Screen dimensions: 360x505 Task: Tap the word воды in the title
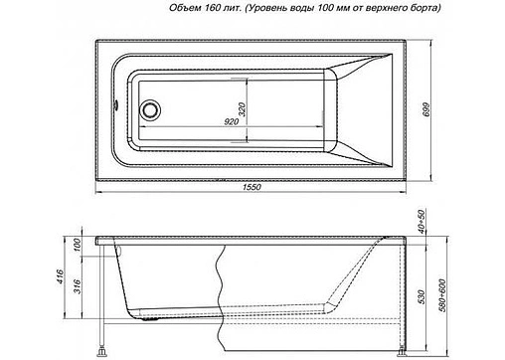click(295, 8)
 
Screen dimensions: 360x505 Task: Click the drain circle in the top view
click(151, 110)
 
